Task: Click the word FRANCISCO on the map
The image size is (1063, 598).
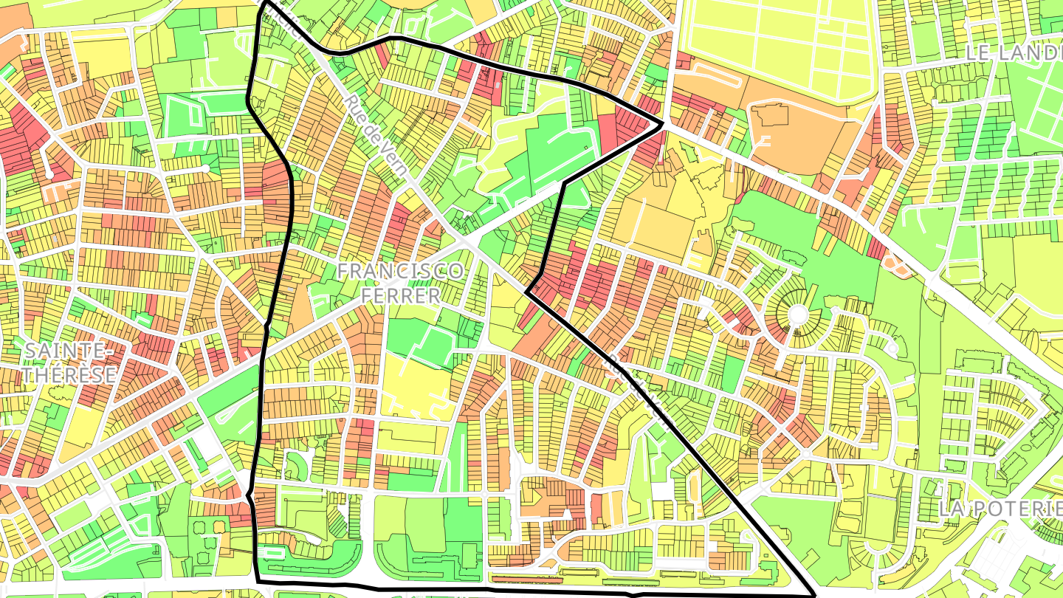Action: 401,271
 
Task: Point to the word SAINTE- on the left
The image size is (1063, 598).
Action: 63,350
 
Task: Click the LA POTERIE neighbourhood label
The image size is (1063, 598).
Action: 1000,508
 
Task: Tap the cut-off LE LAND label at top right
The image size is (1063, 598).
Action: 1013,52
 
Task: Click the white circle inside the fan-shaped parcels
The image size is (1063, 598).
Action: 797,315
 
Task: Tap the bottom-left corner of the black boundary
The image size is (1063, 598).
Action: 258,582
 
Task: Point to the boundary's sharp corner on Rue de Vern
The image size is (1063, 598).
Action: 527,292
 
